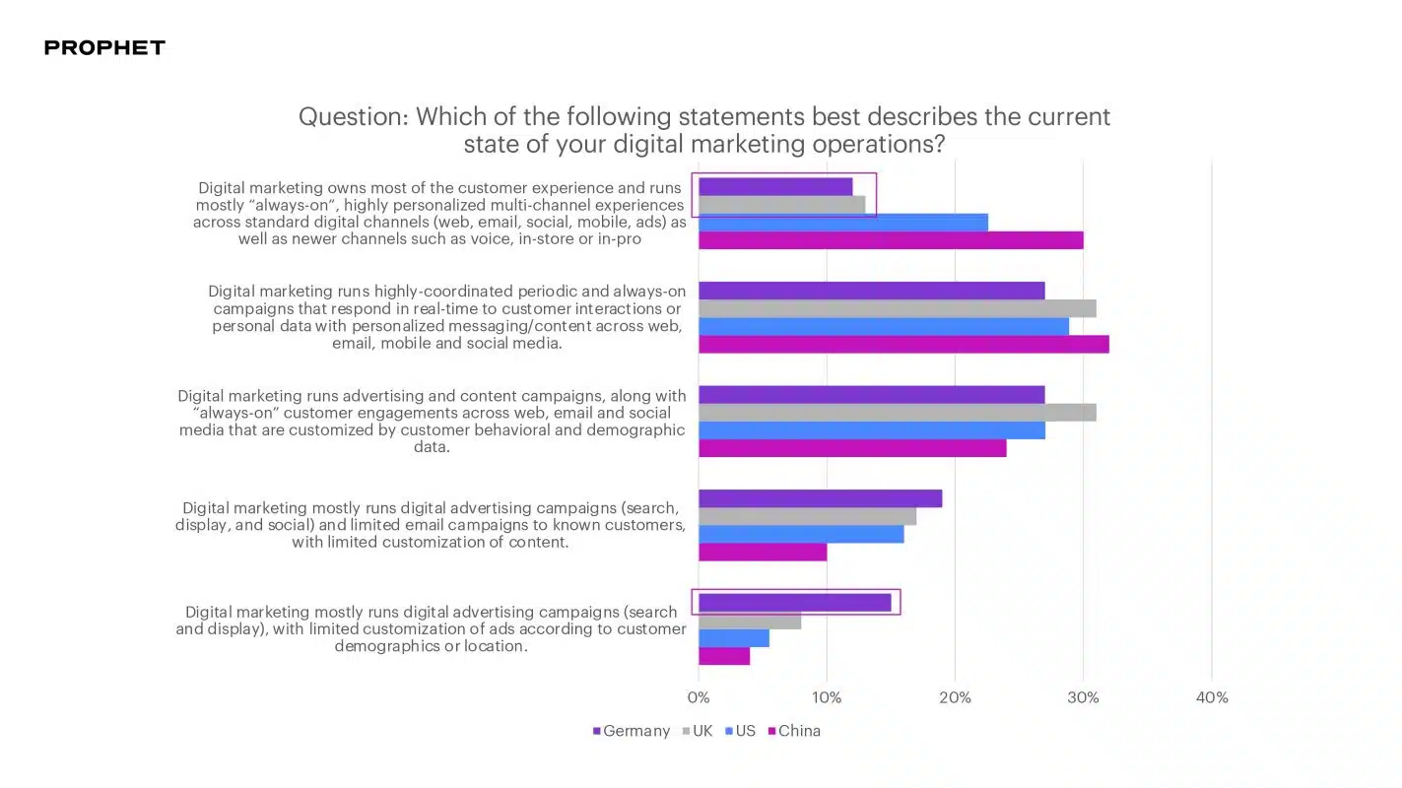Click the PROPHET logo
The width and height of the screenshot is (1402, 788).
tap(104, 47)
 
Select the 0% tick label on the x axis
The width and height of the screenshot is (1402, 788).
tap(699, 697)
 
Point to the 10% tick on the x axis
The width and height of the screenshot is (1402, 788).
tap(827, 697)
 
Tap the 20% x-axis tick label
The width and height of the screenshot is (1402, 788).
tap(955, 697)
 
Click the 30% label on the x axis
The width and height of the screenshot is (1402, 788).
tap(1083, 697)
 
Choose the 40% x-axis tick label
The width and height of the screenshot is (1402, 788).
tap(1211, 697)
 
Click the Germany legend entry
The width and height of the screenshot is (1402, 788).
tap(631, 731)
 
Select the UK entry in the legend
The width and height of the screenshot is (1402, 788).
tap(697, 731)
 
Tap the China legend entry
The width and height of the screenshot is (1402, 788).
tap(794, 731)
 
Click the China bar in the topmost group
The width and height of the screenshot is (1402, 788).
tap(891, 240)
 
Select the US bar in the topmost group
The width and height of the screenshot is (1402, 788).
tap(842, 223)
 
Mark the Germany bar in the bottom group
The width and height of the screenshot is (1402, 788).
tap(794, 603)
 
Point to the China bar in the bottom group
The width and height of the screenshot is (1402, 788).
tap(724, 656)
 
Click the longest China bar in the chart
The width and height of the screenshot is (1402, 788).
tap(903, 344)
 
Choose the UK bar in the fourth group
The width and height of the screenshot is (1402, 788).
tap(807, 516)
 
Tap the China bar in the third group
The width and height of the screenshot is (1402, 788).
tap(852, 448)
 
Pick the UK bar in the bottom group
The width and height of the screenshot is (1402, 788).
tap(750, 622)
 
